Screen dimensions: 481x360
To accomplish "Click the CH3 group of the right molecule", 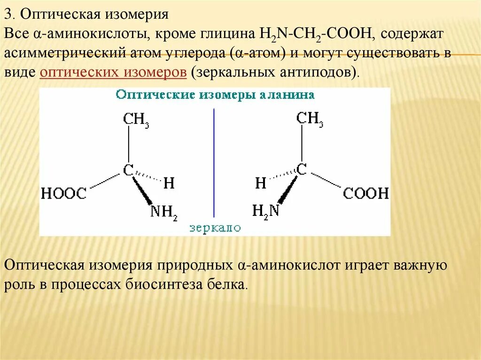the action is point(310,119).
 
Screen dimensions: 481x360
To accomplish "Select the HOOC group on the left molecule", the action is point(64,193).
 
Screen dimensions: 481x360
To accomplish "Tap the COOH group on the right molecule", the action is point(366,193).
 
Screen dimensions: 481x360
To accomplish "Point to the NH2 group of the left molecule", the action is point(163,212).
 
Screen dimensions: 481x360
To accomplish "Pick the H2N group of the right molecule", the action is point(266,211).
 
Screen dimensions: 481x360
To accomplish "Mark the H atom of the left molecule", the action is point(169,183).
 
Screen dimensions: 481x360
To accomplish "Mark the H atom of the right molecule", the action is point(261,183).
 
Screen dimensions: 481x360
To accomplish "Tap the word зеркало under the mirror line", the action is point(215,228).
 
